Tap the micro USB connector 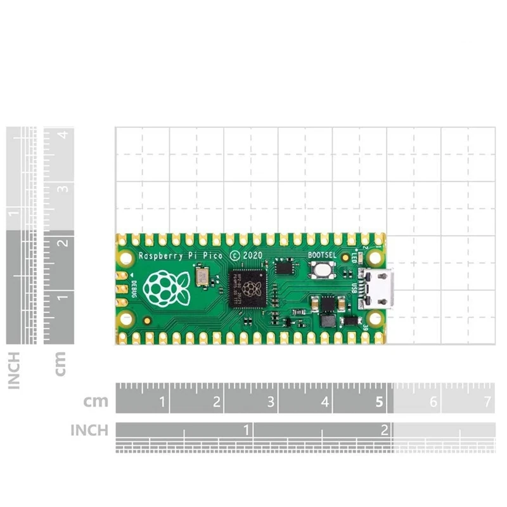click(x=378, y=288)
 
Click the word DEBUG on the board click(x=133, y=288)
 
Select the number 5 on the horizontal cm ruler click(x=379, y=402)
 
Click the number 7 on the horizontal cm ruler click(x=487, y=402)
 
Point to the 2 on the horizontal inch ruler click(x=384, y=430)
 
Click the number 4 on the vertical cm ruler click(x=62, y=135)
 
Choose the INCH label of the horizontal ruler click(x=89, y=430)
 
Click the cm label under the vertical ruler click(x=61, y=364)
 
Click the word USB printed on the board click(x=354, y=288)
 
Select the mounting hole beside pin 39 click(x=375, y=318)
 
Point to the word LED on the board click(x=354, y=259)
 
